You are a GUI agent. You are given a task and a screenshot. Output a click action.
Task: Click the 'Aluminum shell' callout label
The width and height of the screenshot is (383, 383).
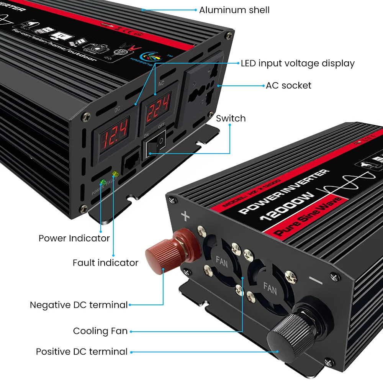point(234,10)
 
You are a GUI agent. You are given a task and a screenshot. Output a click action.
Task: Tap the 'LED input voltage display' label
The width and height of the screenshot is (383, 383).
point(298,63)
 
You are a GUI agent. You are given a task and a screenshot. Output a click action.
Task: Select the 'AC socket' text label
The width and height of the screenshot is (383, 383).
point(288,85)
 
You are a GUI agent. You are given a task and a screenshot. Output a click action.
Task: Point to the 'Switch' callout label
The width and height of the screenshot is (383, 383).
point(231,118)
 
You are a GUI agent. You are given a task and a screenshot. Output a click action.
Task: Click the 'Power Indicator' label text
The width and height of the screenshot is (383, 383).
point(74,238)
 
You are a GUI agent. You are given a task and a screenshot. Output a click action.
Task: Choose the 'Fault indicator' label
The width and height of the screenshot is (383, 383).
point(105,263)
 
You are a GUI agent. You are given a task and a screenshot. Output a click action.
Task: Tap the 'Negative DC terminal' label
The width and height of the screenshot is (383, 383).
point(79,305)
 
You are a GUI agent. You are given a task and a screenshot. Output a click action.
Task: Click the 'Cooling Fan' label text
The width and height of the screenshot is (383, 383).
point(100,331)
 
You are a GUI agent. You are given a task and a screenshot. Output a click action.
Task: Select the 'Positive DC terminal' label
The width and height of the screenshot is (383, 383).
point(82,352)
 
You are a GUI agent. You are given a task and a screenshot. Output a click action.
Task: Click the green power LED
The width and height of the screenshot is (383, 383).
point(103,182)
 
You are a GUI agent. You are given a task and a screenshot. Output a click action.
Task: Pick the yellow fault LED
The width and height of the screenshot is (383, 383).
point(115,175)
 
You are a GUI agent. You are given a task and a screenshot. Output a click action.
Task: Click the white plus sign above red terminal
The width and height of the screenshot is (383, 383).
point(185,217)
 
